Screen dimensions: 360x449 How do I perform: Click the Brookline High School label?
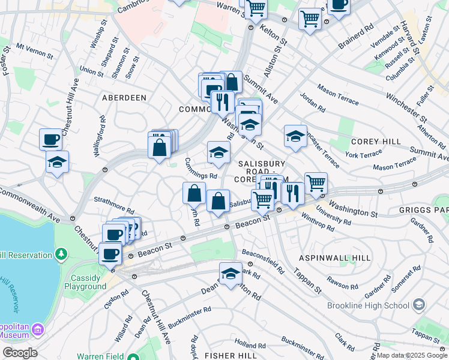pyautogui.click(x=368, y=305)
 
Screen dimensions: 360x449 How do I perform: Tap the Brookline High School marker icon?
pyautogui.click(x=418, y=305)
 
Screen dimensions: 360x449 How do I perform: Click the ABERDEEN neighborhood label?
pyautogui.click(x=124, y=97)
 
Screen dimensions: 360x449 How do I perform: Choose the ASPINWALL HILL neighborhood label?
pyautogui.click(x=335, y=257)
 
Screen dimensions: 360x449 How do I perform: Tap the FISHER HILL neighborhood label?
pyautogui.click(x=231, y=356)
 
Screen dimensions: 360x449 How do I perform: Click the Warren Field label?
pyautogui.click(x=101, y=356)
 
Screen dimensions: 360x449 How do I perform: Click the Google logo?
pyautogui.click(x=19, y=353)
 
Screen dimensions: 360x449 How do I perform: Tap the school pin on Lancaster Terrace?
pyautogui.click(x=295, y=136)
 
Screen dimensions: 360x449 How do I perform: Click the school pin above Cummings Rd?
pyautogui.click(x=218, y=152)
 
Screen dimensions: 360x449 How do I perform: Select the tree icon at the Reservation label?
pyautogui.click(x=61, y=255)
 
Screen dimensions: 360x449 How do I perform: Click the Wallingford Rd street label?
pyautogui.click(x=100, y=136)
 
